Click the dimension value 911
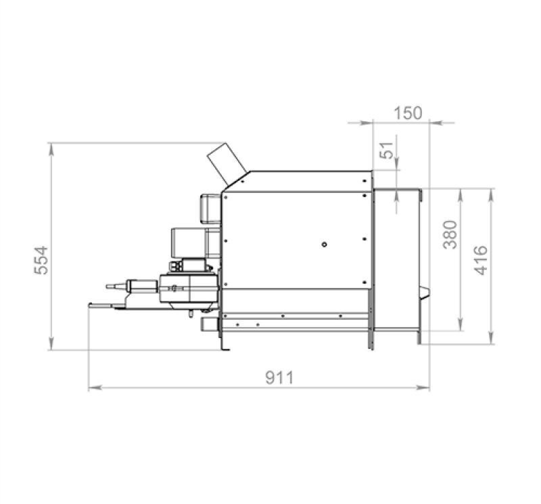279,377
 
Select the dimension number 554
42,259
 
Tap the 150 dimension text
408,112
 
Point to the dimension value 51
386,150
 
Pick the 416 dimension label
480,259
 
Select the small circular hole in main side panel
325,245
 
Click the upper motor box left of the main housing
209,209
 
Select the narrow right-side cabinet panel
398,261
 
